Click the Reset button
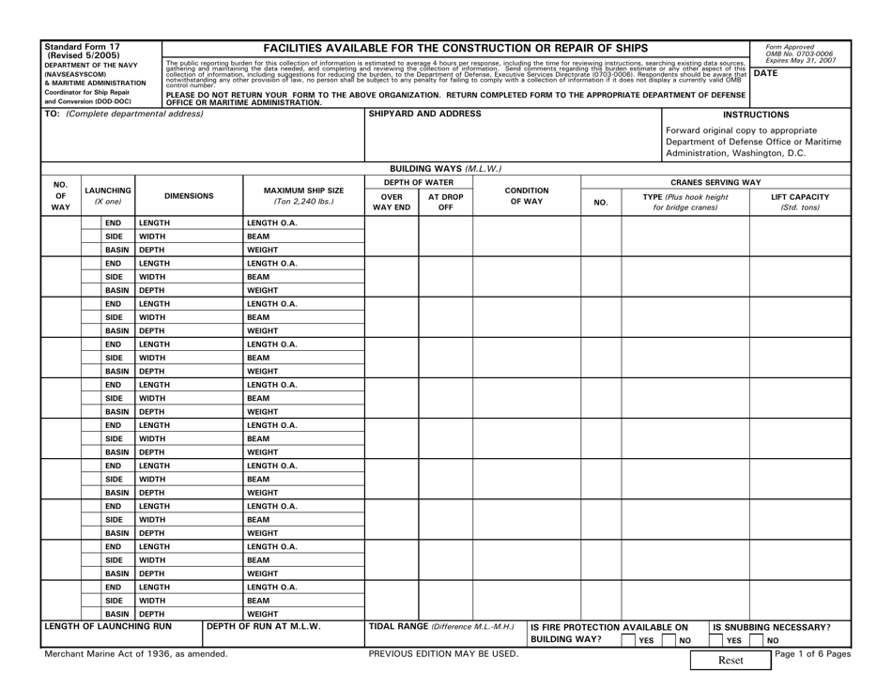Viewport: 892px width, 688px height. (731, 661)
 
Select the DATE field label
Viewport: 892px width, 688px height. (768, 72)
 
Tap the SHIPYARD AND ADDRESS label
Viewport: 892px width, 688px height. (411, 114)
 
